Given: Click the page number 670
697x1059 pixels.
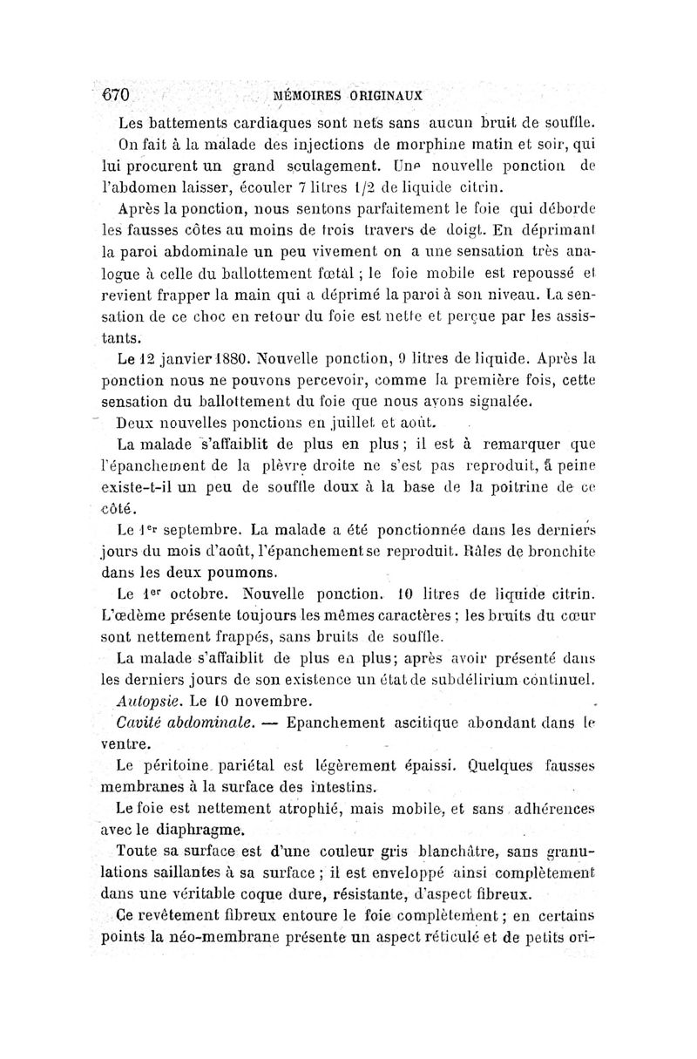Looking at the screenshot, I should pyautogui.click(x=113, y=94).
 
